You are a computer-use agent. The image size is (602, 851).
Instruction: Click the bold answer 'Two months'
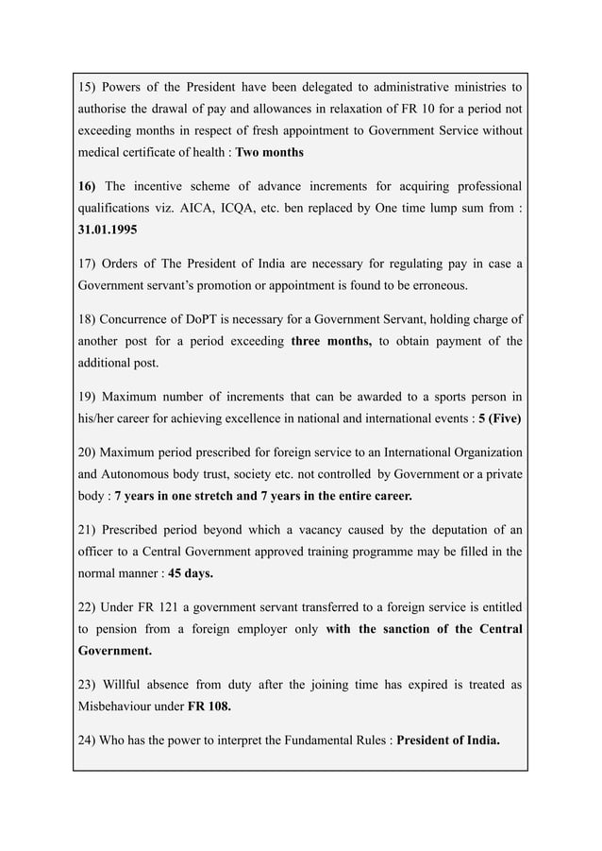tap(269, 152)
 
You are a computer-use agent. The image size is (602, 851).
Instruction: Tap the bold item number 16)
tap(90, 184)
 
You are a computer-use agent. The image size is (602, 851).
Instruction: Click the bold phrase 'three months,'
tap(331, 341)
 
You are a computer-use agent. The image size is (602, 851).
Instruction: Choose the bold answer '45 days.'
tap(191, 573)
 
